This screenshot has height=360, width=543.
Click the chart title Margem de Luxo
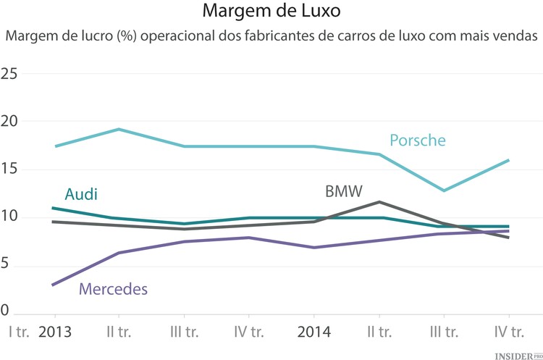tap(271, 12)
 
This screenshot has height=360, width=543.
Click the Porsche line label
tap(418, 140)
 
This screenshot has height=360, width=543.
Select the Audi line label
tap(81, 194)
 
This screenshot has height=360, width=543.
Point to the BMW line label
tap(343, 192)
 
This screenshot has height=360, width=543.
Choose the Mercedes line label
tap(113, 289)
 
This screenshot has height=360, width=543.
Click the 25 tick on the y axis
tap(9, 74)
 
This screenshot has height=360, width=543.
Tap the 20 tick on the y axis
tap(9, 122)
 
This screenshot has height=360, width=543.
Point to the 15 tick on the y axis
tap(9, 169)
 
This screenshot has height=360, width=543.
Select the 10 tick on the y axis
tap(9, 218)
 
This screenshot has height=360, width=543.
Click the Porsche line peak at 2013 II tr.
tap(119, 130)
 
